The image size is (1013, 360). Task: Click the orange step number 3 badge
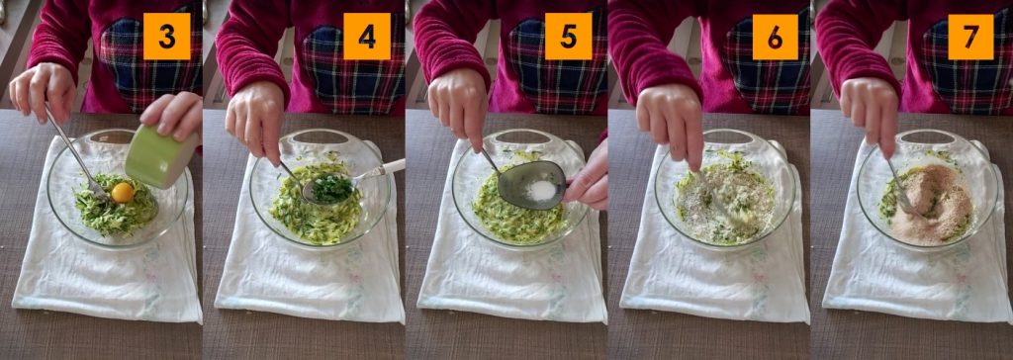tap(166, 37)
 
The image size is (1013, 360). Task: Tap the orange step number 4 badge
tap(367, 37)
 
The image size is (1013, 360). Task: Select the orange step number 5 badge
tap(569, 37)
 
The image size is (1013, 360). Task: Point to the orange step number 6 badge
tap(776, 37)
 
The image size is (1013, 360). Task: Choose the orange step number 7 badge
tap(971, 37)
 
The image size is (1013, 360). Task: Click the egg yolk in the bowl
tap(122, 192)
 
